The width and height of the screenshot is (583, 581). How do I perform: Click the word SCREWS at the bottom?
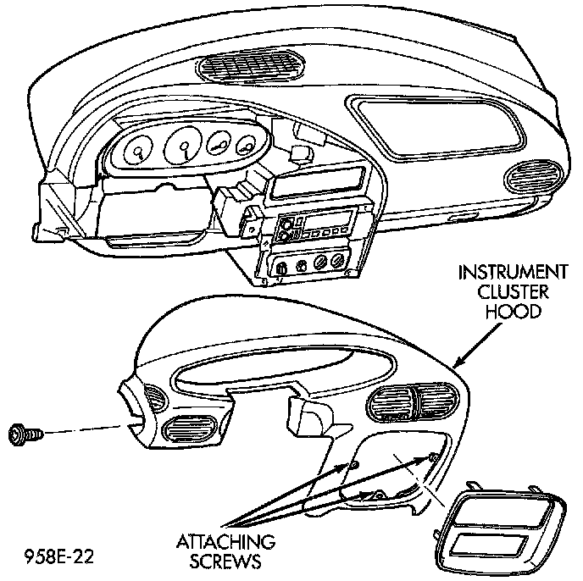tap(225, 560)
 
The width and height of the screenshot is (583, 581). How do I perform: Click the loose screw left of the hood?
tap(22, 434)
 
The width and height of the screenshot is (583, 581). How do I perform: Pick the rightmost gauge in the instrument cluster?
tap(247, 146)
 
